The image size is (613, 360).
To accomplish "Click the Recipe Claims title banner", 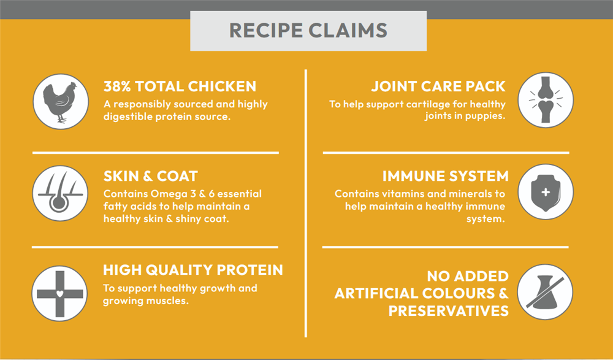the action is [308, 31].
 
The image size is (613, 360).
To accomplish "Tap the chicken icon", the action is [61, 102].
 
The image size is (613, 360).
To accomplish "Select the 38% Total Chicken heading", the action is [180, 86].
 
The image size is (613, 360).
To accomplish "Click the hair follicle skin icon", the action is [60, 193].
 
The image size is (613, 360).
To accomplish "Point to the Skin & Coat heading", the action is [151, 176].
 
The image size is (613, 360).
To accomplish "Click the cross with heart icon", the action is [59, 294].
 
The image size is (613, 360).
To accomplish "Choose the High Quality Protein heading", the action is [192, 270].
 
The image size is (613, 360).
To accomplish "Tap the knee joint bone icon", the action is [546, 100].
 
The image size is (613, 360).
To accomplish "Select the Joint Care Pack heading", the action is [438, 86].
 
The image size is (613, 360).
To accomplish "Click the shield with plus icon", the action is [546, 192].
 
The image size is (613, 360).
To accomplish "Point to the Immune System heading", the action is [445, 176].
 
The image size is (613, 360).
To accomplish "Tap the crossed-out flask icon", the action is [545, 292].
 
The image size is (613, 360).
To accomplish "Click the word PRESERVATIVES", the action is [449, 311].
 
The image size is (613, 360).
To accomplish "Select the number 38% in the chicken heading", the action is [117, 86].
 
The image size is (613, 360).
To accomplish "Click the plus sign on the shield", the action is [546, 192].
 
